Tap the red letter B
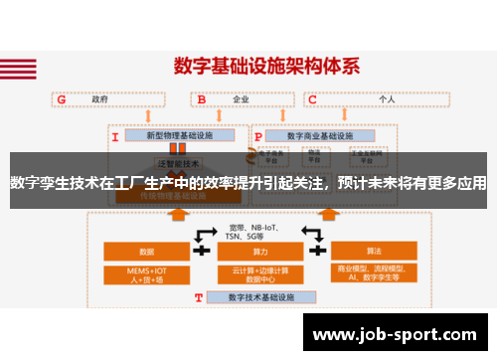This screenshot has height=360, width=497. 202,99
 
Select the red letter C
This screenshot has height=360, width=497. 312,99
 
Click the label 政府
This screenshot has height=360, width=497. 99,99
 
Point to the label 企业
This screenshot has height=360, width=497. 241,99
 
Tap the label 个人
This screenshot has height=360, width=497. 387,99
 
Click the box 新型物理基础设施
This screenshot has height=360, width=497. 179,135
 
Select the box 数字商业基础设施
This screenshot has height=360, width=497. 318,135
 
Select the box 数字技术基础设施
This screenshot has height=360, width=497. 261,296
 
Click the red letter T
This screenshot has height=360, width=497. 199,297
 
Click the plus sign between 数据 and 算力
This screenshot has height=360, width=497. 202,224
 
